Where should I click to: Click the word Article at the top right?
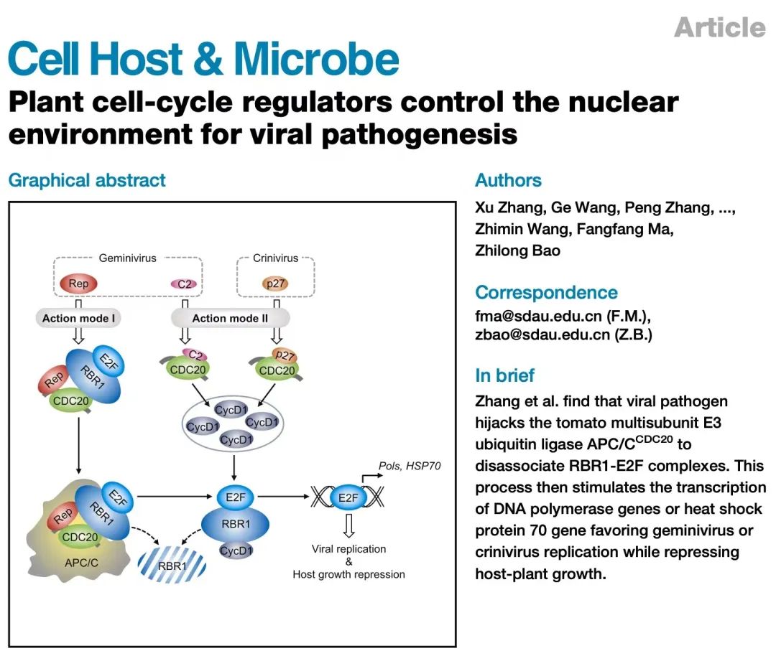(720, 27)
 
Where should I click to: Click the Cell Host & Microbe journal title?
(203, 60)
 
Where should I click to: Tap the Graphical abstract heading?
(87, 179)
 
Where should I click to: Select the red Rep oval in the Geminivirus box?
(79, 284)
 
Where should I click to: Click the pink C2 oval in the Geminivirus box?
(185, 284)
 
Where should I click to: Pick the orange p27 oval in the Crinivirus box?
(275, 284)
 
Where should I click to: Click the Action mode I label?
(79, 318)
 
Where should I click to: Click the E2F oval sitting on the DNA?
(348, 497)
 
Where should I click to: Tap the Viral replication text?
(348, 549)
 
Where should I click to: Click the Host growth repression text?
(348, 574)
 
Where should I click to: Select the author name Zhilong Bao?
(517, 250)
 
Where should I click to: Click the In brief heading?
(504, 375)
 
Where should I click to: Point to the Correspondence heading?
(546, 293)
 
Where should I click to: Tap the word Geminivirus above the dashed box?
(127, 258)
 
